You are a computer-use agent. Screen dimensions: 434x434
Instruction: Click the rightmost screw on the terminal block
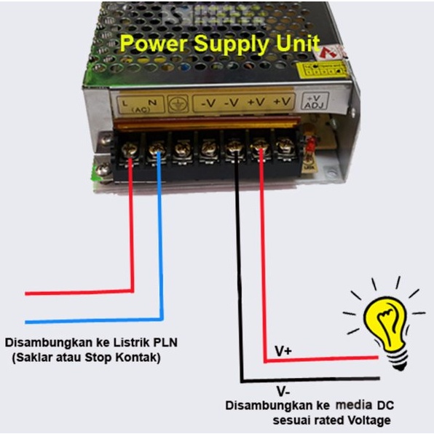285,149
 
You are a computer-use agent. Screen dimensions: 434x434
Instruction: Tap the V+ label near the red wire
284,351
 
